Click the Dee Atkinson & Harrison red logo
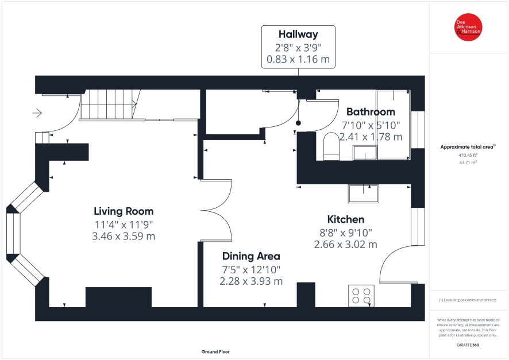click(468, 27)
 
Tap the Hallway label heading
click(298, 34)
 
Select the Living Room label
click(124, 211)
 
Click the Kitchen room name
click(346, 219)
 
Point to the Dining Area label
click(251, 256)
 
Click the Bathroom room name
click(371, 112)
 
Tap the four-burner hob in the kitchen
click(361, 296)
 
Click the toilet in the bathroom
click(331, 146)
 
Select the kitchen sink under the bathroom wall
click(364, 193)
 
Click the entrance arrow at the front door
click(37, 113)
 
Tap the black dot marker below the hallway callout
click(298, 123)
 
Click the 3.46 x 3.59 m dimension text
click(124, 236)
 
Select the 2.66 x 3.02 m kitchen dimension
click(346, 244)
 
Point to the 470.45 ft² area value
click(468, 155)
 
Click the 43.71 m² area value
click(468, 162)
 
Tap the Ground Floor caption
click(215, 351)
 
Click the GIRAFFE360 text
click(468, 345)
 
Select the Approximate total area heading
click(468, 147)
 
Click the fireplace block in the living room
click(118, 297)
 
